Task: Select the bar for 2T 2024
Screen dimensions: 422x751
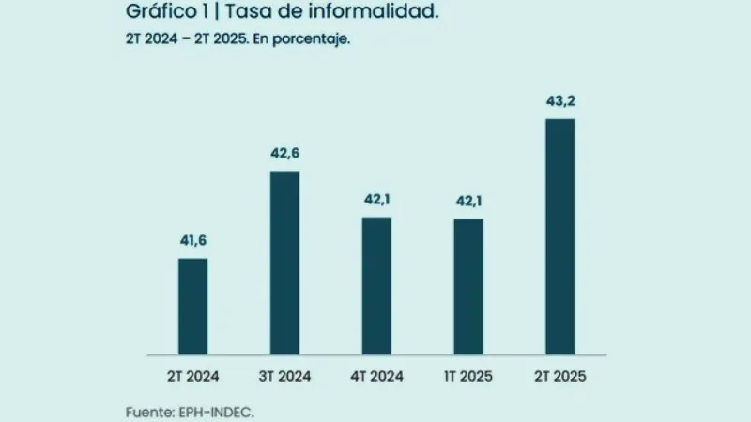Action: (192, 307)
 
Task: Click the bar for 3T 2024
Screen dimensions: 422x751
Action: (284, 263)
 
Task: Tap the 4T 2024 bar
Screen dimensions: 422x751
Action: (376, 286)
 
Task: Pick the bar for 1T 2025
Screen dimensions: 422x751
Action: (467, 287)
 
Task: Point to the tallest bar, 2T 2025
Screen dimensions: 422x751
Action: (559, 237)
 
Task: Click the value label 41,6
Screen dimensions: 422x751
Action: (193, 242)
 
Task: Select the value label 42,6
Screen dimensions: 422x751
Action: (284, 154)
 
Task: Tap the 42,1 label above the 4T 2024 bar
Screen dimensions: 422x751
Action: (376, 200)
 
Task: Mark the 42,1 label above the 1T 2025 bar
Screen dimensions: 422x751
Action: (467, 201)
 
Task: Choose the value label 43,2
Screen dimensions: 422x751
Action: (559, 102)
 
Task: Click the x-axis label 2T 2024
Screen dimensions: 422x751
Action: (192, 377)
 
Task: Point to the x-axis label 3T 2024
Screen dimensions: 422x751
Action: (284, 377)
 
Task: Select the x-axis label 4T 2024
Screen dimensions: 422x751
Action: (376, 377)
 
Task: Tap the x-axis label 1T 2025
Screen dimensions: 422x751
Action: (467, 377)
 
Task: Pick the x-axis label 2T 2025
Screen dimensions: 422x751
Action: (559, 377)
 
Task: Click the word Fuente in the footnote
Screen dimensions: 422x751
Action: (148, 412)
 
